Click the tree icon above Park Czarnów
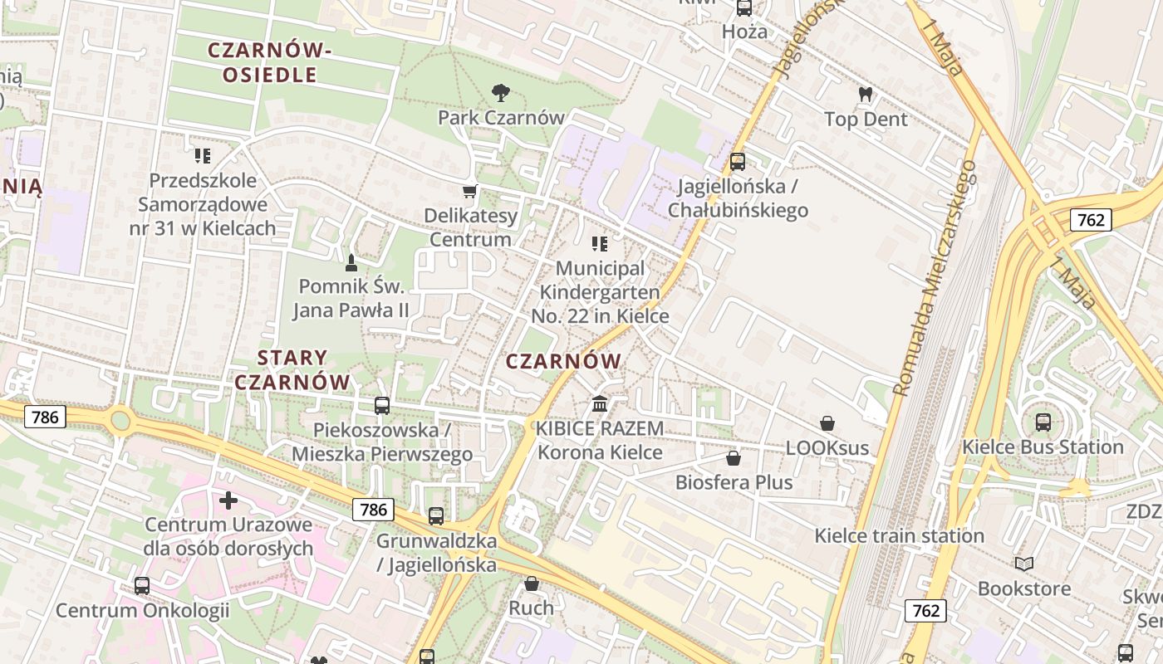pos(500,92)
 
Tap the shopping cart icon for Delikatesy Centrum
pos(469,192)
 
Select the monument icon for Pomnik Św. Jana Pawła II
pos(351,263)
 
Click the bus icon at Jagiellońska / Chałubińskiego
pos(738,162)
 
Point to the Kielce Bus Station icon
pos(1043,422)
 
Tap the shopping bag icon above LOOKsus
pos(827,423)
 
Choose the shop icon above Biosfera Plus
pos(734,458)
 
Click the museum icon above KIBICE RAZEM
pos(600,404)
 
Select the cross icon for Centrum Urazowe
pos(228,500)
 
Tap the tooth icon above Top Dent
pos(866,95)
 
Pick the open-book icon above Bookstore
pos(1024,564)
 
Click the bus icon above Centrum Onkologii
pos(142,586)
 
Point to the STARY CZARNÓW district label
pos(292,370)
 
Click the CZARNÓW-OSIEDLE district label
pos(269,62)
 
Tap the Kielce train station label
pos(899,535)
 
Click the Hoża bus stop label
pos(744,32)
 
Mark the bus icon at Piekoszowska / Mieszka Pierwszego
pos(382,406)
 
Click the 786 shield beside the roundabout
pos(45,417)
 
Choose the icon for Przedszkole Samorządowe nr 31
pos(203,155)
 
